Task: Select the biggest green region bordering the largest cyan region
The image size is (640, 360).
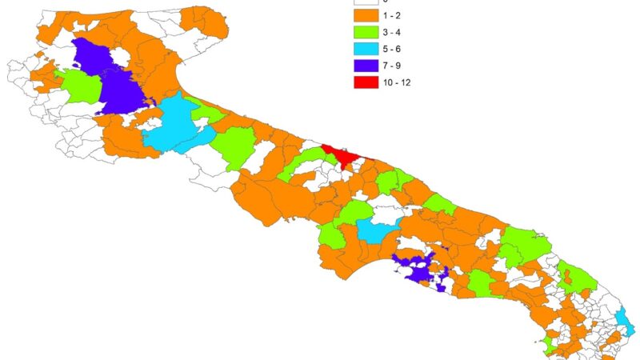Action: tap(236, 144)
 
